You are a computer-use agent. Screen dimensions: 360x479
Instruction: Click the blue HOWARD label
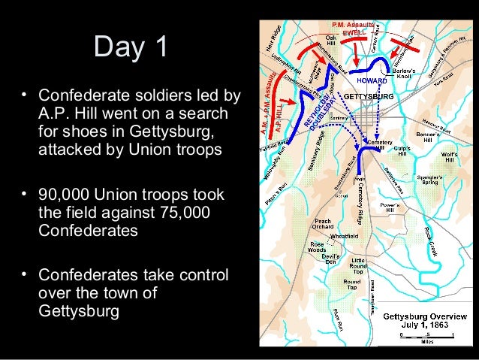(371, 80)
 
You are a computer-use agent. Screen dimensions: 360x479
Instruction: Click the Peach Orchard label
(323, 225)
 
